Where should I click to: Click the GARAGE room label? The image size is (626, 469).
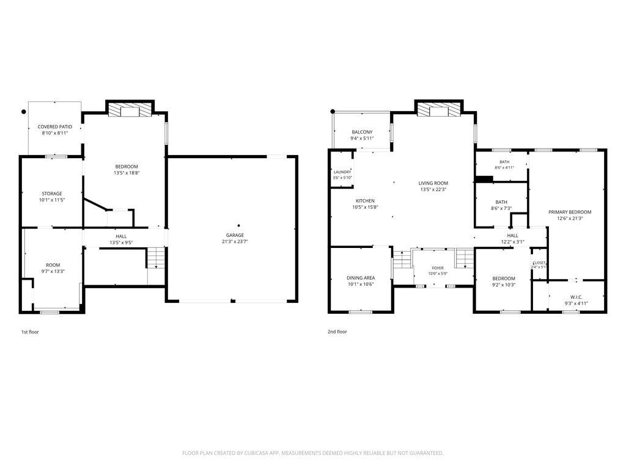(235, 235)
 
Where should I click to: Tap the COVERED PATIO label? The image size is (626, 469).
(55, 127)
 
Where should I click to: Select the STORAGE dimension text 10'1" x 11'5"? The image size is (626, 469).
(52, 200)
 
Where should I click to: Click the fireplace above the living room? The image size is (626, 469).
(439, 110)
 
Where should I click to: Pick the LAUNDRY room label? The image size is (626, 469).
(342, 172)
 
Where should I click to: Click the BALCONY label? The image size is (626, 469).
(362, 132)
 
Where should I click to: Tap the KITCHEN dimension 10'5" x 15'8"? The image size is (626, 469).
(365, 208)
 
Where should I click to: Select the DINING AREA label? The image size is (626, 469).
(361, 278)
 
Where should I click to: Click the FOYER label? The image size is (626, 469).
(438, 268)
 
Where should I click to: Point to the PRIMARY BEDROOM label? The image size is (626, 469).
(570, 212)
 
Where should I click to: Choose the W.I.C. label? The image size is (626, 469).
(576, 297)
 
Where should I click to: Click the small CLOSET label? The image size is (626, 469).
(539, 263)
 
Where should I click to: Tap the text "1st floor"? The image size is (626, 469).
(30, 332)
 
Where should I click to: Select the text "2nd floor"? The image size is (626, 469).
(337, 332)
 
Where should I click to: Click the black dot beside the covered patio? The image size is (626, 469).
(24, 112)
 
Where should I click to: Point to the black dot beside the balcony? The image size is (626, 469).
(333, 112)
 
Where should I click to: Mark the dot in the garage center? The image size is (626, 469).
(239, 225)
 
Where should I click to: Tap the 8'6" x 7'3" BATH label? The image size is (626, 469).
(501, 202)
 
